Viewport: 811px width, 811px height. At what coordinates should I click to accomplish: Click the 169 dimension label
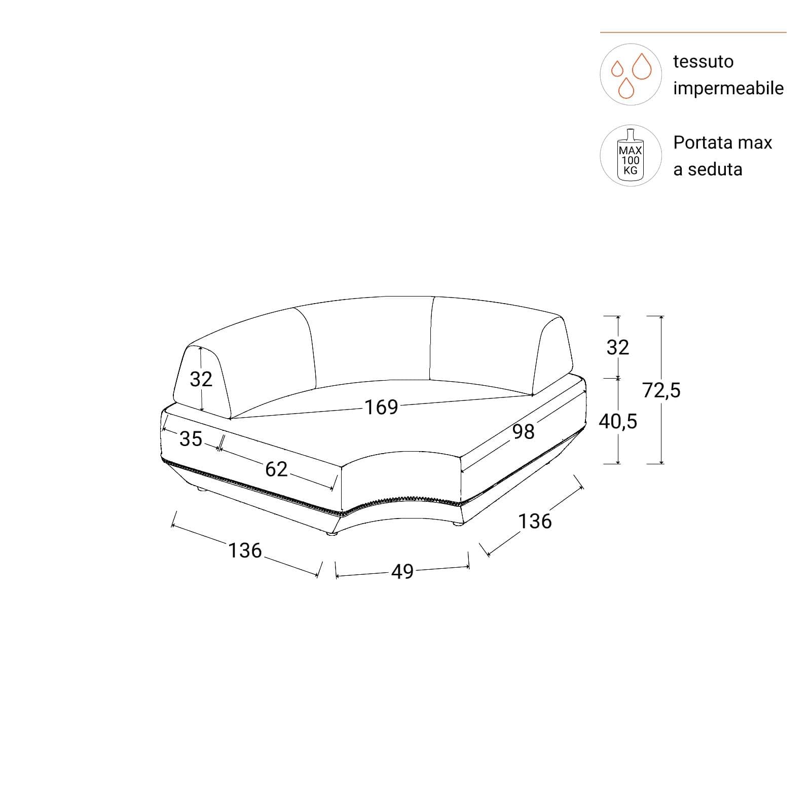point(382,407)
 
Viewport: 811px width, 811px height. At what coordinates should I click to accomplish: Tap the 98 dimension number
point(524,432)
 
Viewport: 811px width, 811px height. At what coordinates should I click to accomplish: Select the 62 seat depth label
point(276,469)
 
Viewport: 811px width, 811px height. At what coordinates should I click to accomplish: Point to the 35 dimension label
point(191,439)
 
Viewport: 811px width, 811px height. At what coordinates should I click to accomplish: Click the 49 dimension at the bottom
point(402,572)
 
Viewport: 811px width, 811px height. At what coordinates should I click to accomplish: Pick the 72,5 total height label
point(661,390)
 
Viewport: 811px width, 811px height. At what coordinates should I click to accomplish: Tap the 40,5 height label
point(618,421)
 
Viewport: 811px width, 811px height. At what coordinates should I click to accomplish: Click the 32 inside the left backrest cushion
point(201,379)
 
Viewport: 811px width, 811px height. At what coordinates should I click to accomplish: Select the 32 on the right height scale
point(618,347)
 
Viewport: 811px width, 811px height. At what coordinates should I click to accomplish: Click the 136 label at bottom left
point(245,550)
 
